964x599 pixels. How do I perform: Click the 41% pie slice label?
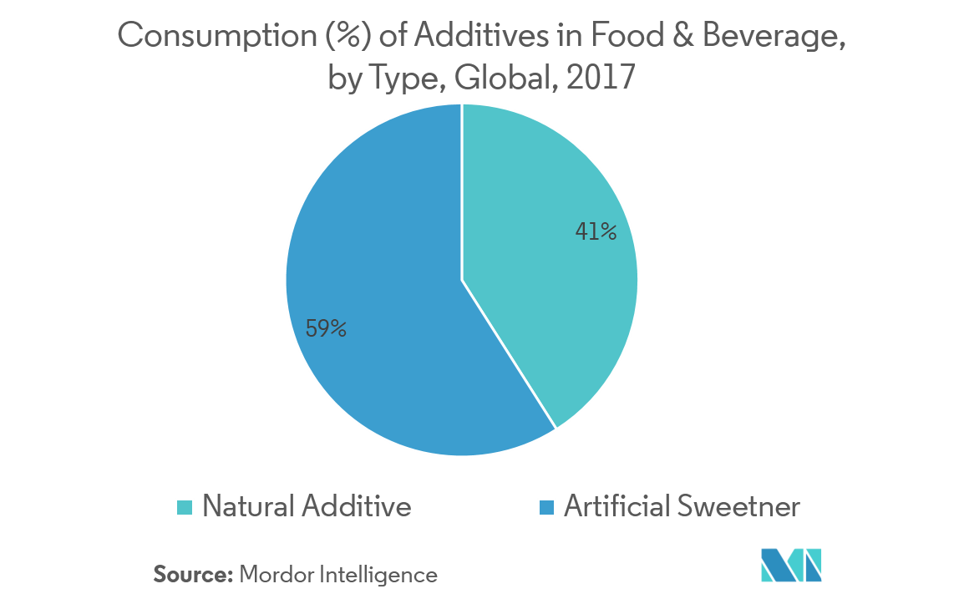click(x=596, y=231)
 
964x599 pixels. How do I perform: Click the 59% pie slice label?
click(x=326, y=329)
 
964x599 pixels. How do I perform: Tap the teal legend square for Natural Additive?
click(x=185, y=507)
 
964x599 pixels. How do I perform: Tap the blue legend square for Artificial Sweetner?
click(x=547, y=507)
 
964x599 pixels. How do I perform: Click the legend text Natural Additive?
click(x=307, y=506)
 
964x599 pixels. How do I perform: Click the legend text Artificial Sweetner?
click(x=682, y=506)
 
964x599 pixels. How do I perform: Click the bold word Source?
click(x=192, y=575)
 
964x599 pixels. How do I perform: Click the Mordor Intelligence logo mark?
click(x=791, y=565)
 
